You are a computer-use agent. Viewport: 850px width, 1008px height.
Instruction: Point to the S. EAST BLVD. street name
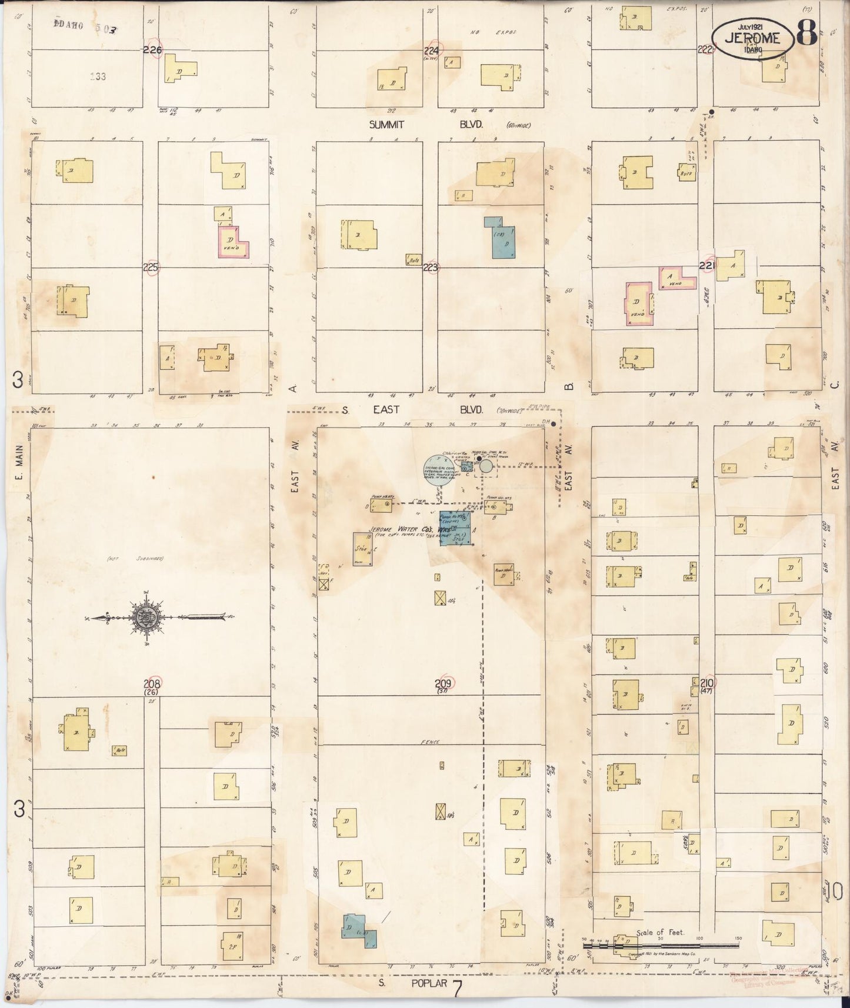412,409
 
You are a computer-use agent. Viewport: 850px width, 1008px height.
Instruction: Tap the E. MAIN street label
19,470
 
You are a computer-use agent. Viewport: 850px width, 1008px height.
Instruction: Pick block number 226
152,51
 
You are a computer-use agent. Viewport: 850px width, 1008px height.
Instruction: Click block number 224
432,51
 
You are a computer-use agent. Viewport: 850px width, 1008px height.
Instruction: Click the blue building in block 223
500,238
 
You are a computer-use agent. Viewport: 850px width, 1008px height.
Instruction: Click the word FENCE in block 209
431,742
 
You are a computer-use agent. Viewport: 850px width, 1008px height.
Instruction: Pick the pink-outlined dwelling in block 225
234,242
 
